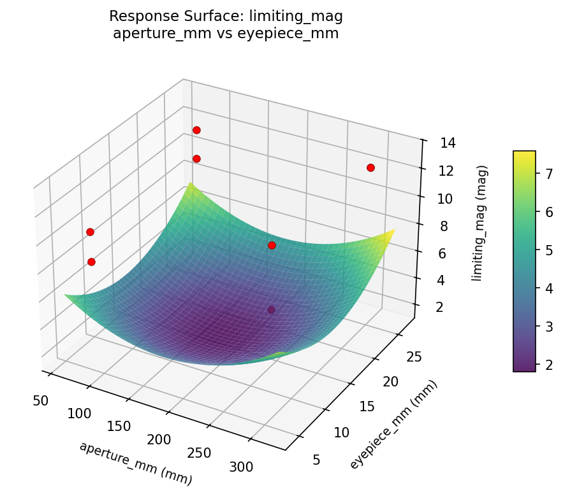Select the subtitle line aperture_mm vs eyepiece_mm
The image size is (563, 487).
click(226, 34)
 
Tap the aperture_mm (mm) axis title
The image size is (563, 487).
click(135, 463)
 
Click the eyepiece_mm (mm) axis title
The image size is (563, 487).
click(393, 425)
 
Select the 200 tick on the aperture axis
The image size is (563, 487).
click(158, 439)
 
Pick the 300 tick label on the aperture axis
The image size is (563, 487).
click(241, 467)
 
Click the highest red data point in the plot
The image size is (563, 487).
click(196, 130)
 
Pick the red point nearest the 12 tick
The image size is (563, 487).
click(370, 167)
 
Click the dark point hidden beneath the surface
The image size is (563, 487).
click(271, 310)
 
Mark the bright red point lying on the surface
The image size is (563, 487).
click(272, 245)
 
